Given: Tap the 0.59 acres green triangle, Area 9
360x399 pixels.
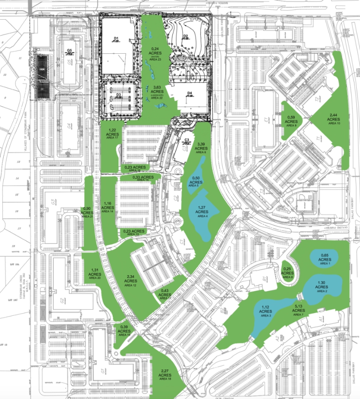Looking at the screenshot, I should (291, 121).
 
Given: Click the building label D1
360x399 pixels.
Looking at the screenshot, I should (117, 38).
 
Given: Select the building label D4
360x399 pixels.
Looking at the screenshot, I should (190, 94).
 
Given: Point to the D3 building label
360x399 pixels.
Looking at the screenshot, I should (118, 95).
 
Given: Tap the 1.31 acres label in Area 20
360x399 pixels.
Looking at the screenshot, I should (94, 274).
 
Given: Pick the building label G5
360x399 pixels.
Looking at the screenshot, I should (70, 50).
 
